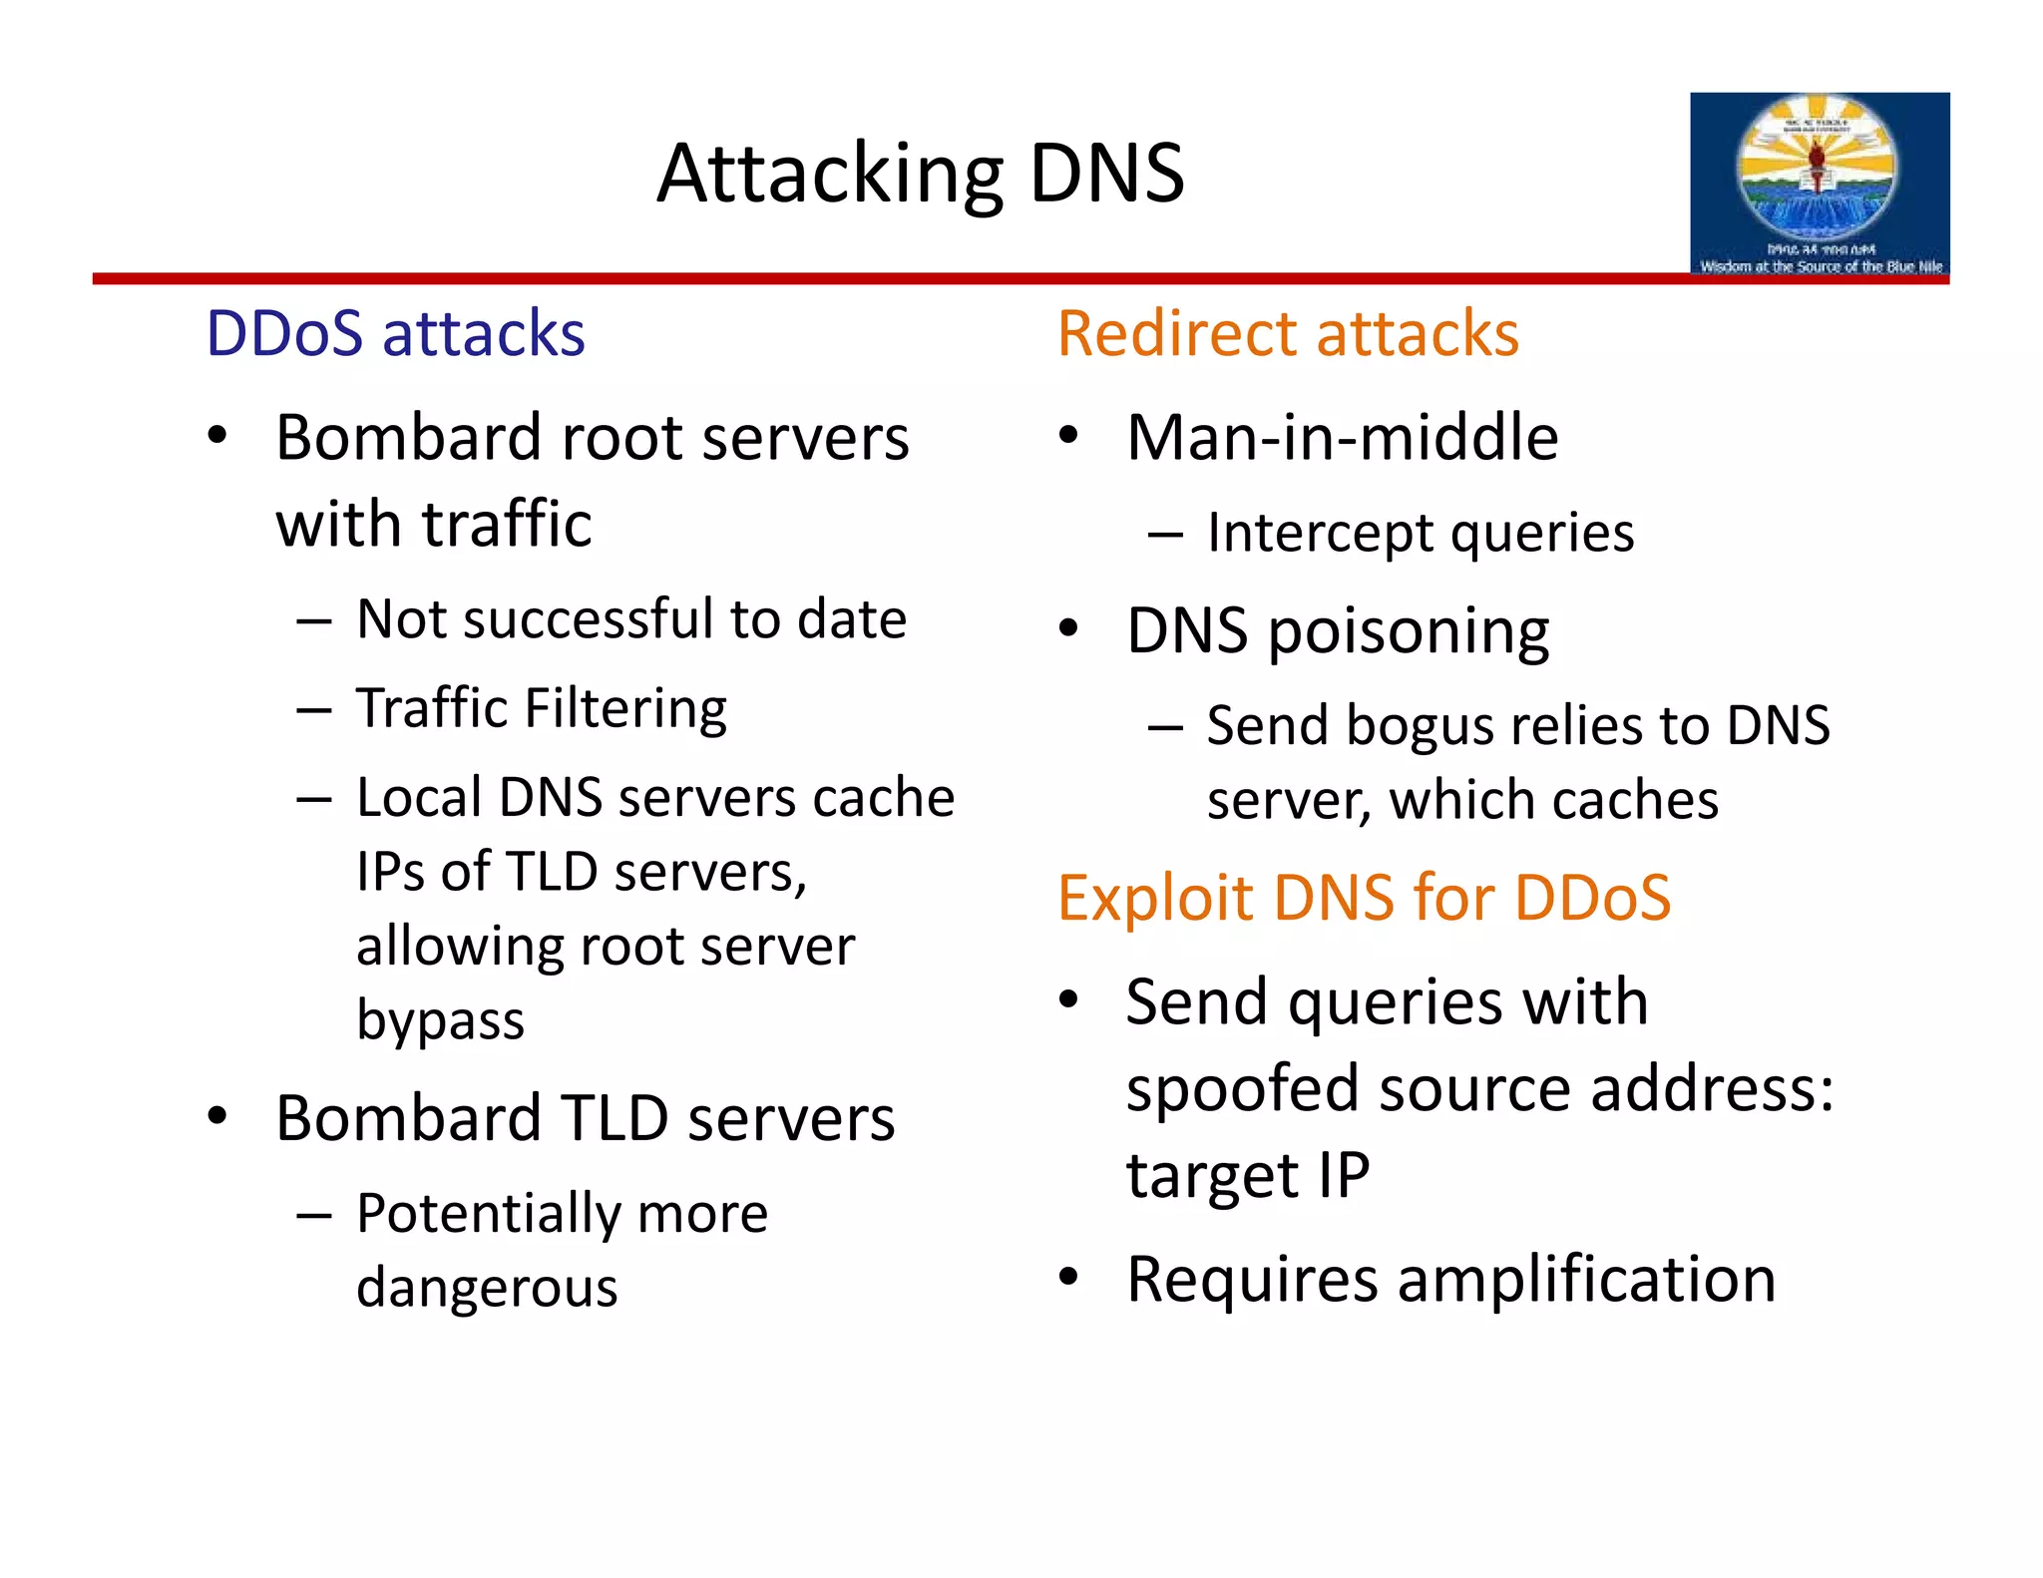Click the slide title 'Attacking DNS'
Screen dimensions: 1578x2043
click(920, 174)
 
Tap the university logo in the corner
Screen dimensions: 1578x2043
click(1819, 184)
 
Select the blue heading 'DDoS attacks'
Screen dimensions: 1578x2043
click(395, 333)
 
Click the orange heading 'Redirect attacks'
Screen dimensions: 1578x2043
click(1287, 333)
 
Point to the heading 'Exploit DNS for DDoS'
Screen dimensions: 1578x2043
click(1363, 898)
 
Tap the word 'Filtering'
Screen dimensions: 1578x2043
click(625, 710)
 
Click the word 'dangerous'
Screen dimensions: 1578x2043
click(487, 1287)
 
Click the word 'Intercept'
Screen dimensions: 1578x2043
click(1318, 534)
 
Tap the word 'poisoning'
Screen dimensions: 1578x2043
click(1408, 632)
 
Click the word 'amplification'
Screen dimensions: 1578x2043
click(1586, 1279)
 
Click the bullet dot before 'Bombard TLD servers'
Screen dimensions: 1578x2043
click(217, 1116)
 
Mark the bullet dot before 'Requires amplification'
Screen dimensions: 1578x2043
click(1069, 1277)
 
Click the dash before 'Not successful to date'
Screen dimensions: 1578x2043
click(313, 621)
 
